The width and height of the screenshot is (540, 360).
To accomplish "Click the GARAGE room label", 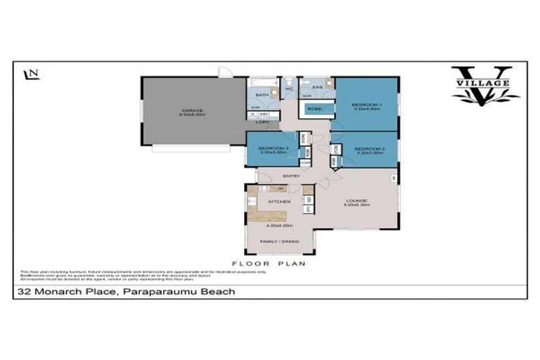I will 193,110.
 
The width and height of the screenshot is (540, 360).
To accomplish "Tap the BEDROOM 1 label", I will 366,105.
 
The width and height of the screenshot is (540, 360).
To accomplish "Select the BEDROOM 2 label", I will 368,149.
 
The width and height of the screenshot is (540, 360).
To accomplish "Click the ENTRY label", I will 291,176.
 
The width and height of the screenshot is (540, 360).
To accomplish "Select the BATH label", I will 262,95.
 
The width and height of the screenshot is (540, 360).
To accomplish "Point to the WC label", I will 289,90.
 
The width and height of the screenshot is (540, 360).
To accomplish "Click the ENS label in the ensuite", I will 318,88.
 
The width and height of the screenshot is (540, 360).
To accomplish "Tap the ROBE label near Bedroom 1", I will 314,109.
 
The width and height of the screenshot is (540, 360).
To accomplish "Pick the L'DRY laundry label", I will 262,122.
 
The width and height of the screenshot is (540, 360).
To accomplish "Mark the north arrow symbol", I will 30,74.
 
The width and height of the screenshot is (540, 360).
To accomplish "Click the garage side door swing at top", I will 223,72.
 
